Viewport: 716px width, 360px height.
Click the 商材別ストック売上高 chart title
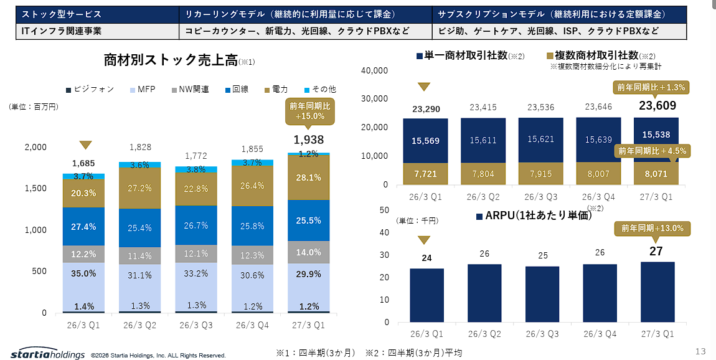pos(171,60)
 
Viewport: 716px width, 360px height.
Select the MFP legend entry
pos(143,89)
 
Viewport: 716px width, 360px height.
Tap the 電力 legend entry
pos(276,89)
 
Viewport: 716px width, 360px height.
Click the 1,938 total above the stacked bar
pos(309,140)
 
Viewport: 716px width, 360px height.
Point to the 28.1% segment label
pos(308,178)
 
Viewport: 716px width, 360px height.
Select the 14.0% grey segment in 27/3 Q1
pos(309,252)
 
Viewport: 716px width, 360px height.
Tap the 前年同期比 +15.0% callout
pos(309,111)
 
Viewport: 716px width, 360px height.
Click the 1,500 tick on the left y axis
pos(35,188)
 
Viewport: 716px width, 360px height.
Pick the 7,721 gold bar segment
pos(426,174)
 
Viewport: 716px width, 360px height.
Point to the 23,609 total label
pos(657,105)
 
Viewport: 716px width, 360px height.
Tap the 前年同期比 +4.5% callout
pos(652,151)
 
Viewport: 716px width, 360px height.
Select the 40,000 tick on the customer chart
pos(374,70)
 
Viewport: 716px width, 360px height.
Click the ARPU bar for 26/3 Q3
pos(542,294)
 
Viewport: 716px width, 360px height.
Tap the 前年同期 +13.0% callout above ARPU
pos(652,229)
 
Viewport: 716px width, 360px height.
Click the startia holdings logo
pos(47,353)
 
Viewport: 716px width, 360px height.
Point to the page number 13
pos(700,351)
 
